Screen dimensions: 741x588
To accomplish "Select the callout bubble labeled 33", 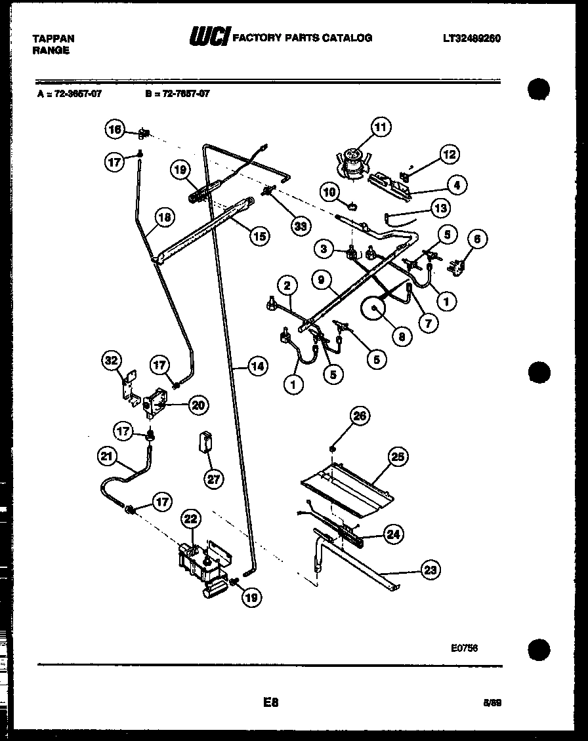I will tap(300, 226).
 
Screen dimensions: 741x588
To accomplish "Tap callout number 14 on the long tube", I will tap(258, 367).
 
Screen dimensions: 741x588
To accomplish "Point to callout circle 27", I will tap(214, 479).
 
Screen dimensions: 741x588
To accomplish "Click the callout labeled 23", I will tap(429, 570).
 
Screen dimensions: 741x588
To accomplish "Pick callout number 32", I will tap(113, 359).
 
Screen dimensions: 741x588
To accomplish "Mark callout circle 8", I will tap(399, 336).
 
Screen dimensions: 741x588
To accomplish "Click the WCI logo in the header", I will tap(209, 38).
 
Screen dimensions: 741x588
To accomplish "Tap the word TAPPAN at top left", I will tap(53, 39).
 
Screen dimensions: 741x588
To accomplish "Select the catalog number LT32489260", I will tap(471, 39).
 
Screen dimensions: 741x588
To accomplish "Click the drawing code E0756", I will tap(463, 647).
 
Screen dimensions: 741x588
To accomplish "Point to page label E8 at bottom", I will tap(271, 702).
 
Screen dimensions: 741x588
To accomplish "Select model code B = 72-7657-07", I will tap(177, 94).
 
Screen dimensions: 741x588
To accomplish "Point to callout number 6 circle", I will tap(476, 239).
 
